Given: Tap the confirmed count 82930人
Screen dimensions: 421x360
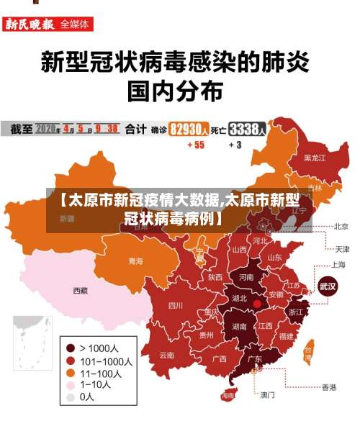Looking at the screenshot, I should pos(189,130).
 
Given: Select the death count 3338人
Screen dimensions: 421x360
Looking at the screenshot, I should pos(248,130).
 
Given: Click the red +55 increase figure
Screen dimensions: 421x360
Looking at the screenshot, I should pos(195,145).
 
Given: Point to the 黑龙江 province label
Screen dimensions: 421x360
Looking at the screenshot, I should pos(315,157).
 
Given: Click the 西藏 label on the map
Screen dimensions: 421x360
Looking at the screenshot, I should pos(80,291).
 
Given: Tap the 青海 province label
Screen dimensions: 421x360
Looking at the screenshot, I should pos(135,261).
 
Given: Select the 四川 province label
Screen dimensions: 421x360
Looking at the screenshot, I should pos(176,305).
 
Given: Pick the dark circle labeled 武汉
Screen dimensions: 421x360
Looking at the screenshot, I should pos(328,286).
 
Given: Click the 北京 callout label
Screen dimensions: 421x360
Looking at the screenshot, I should pos(341,226).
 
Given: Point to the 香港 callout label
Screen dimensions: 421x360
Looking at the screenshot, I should pos(328,387).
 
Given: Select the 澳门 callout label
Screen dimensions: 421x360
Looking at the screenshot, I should pos(267,394).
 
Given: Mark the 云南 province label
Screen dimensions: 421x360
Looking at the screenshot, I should pos(167,355).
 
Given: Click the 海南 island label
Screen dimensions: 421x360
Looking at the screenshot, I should pos(228,395).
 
